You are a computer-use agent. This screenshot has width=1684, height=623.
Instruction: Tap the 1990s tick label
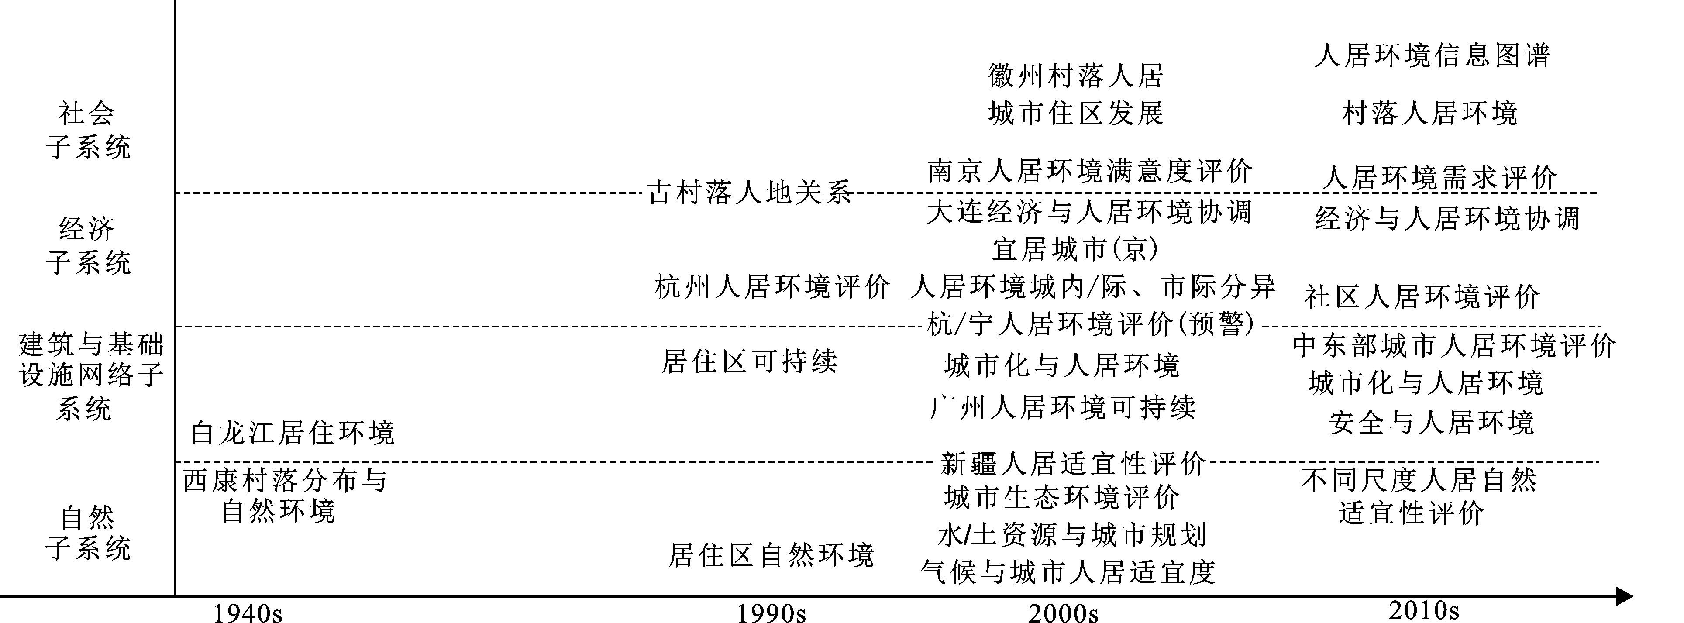(x=771, y=613)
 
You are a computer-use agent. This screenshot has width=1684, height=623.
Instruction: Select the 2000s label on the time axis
(x=1064, y=613)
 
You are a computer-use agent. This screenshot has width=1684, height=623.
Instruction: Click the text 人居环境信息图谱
(x=1432, y=55)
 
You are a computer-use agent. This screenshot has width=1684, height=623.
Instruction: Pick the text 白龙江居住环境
(x=292, y=433)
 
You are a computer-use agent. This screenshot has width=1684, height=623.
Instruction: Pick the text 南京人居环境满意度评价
(x=1090, y=171)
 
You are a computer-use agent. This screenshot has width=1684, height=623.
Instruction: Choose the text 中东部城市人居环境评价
(x=1454, y=346)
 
